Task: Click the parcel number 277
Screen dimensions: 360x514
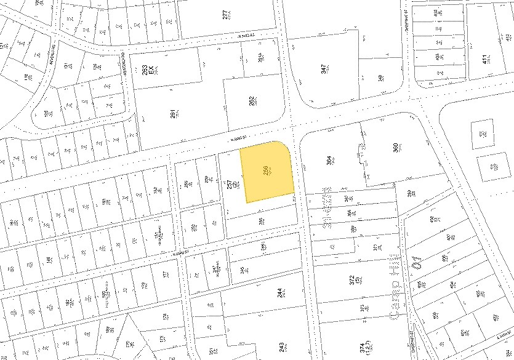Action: (x=226, y=14)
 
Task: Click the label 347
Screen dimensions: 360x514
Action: (x=324, y=69)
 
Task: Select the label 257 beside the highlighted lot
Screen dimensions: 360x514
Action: (x=229, y=184)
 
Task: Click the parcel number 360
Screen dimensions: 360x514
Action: (x=396, y=148)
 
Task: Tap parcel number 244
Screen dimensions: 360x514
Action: (x=281, y=294)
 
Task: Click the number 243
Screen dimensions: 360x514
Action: (x=281, y=347)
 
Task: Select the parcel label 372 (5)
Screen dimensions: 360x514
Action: (x=352, y=281)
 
